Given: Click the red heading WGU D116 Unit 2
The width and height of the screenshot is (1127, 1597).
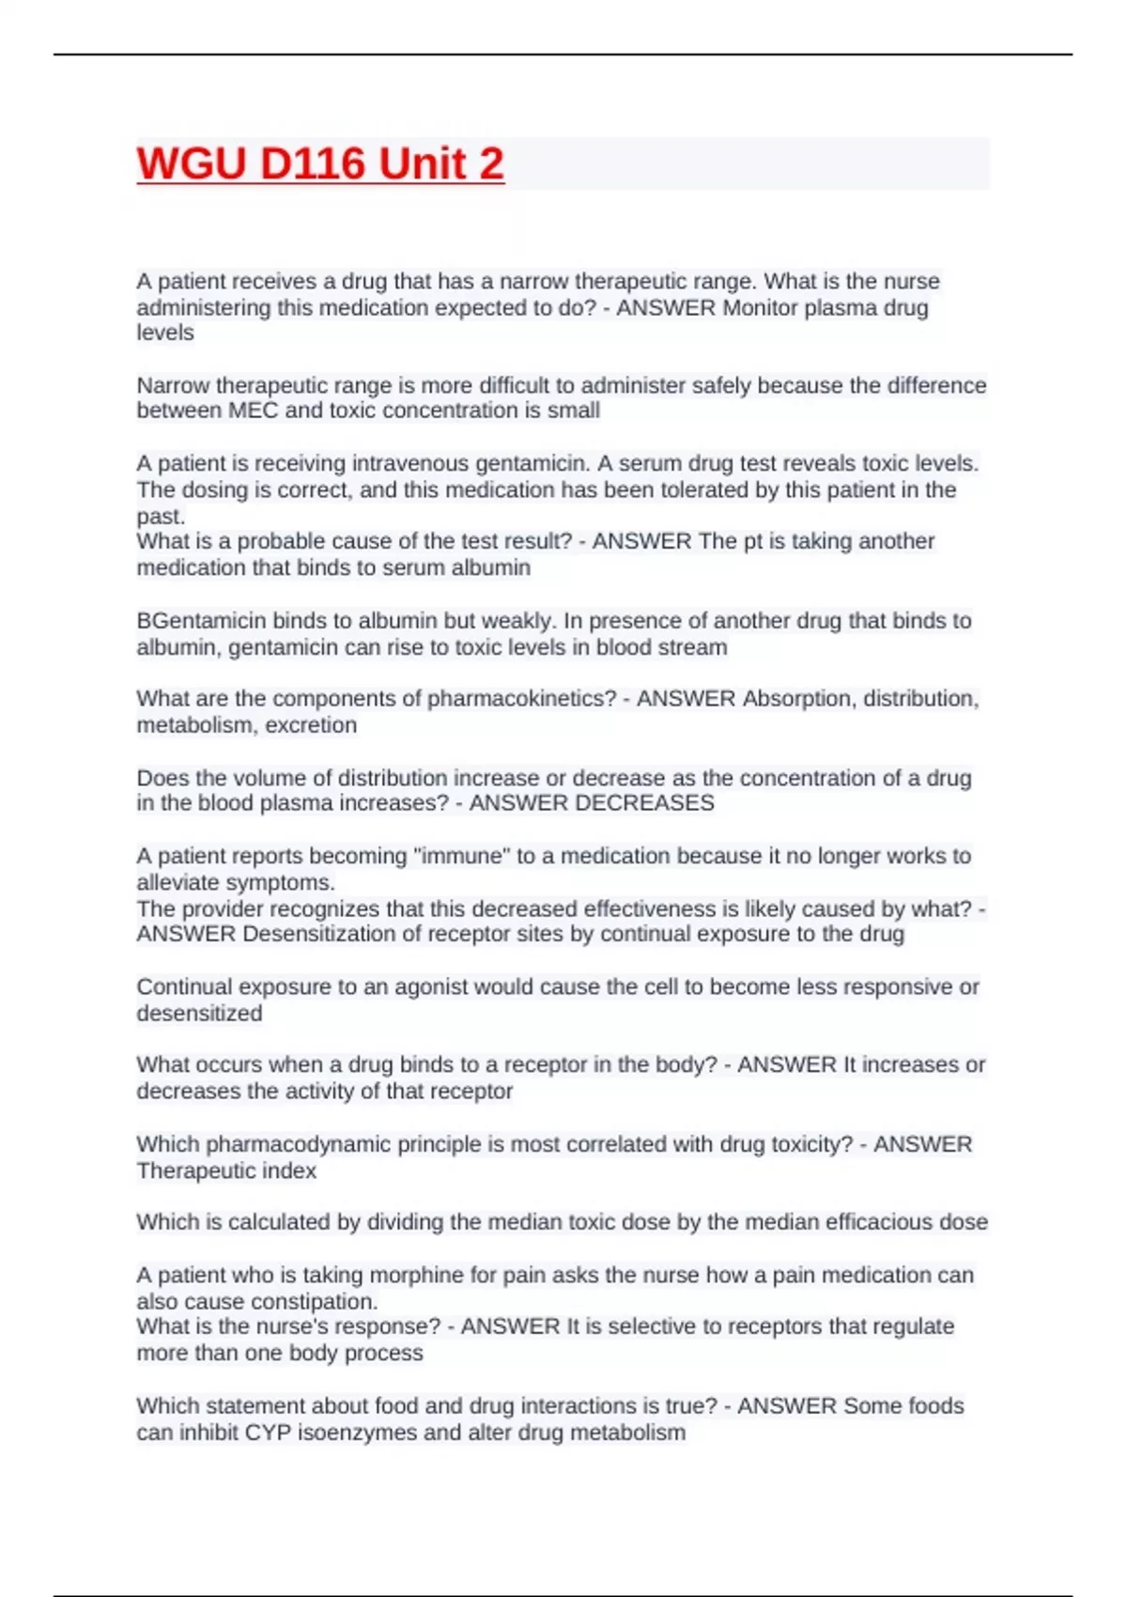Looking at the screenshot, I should (x=320, y=164).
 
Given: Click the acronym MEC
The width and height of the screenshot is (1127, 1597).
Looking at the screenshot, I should (x=253, y=411).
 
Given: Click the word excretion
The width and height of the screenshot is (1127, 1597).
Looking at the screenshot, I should (x=310, y=725).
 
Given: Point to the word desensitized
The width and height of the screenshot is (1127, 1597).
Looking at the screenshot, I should (x=199, y=1014).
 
